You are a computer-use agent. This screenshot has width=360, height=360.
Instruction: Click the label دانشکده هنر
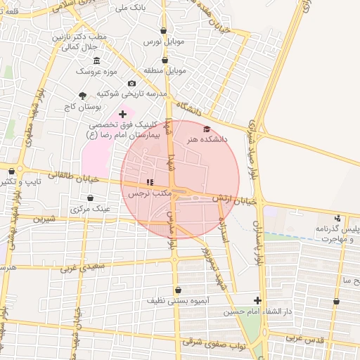tap(205, 140)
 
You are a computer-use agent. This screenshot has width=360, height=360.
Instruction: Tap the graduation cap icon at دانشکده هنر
tap(206, 129)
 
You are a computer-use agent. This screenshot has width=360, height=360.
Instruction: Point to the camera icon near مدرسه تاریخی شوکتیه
tap(131, 84)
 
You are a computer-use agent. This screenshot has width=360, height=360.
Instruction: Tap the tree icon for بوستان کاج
tap(83, 95)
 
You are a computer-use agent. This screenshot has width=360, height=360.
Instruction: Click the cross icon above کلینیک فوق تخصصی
tap(122, 112)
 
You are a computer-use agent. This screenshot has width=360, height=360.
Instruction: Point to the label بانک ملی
tap(112, 8)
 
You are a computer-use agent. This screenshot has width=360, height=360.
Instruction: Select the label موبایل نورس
tap(164, 42)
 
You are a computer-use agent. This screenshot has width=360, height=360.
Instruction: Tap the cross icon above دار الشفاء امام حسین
tap(258, 300)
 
